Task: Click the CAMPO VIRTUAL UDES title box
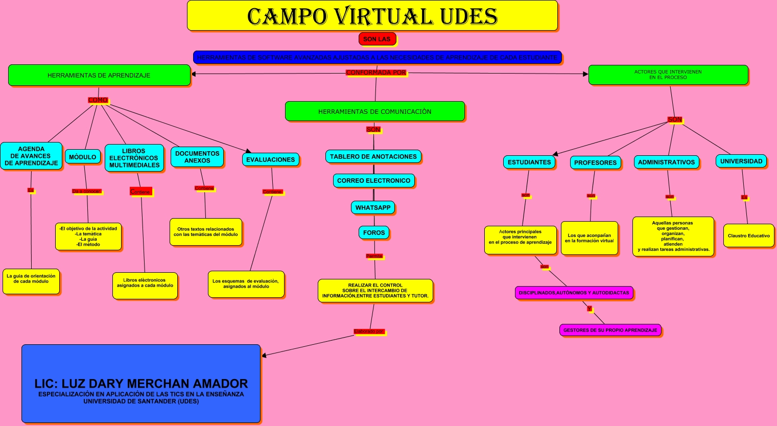click(x=372, y=16)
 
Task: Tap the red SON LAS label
click(x=376, y=39)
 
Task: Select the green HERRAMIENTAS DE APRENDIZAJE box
click(x=99, y=75)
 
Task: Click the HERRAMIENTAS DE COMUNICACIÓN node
click(x=374, y=111)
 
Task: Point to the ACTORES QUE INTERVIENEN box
click(x=668, y=75)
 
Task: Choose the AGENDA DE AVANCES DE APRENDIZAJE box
click(x=31, y=156)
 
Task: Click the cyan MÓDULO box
click(x=82, y=157)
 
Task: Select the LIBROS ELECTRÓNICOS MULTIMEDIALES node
click(x=134, y=158)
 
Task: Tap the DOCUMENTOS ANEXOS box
click(x=197, y=157)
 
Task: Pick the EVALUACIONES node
click(x=270, y=159)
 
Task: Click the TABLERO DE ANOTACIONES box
click(x=373, y=156)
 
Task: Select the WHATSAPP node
click(x=373, y=207)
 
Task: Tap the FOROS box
click(x=374, y=232)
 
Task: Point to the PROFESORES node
click(x=595, y=162)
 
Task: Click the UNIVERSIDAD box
click(x=741, y=161)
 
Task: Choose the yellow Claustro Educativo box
click(x=748, y=235)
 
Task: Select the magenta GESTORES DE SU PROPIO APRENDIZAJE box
click(x=610, y=330)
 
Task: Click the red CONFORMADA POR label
click(x=376, y=73)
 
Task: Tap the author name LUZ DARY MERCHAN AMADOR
click(x=141, y=384)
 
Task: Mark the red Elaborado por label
click(x=369, y=332)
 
